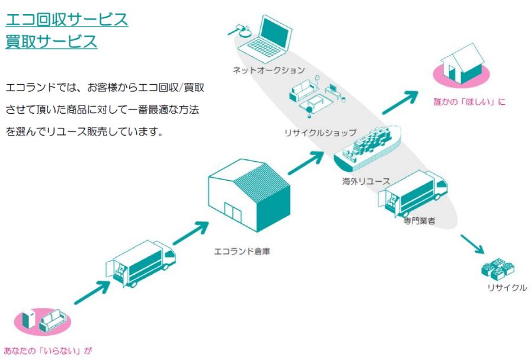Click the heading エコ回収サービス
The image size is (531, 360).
tap(66, 20)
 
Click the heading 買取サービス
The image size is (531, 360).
tap(51, 42)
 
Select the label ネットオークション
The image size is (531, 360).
tap(268, 70)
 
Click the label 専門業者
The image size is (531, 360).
tap(419, 220)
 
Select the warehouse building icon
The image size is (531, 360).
tap(248, 196)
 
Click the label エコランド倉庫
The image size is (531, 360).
tap(242, 251)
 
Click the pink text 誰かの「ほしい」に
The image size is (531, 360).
tap(470, 102)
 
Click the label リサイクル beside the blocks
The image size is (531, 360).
tap(507, 288)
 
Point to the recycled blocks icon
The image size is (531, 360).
tap(497, 269)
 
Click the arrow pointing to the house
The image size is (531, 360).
tap(403, 102)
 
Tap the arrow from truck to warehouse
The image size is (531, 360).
tap(190, 233)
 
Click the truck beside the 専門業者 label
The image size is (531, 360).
tap(411, 193)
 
